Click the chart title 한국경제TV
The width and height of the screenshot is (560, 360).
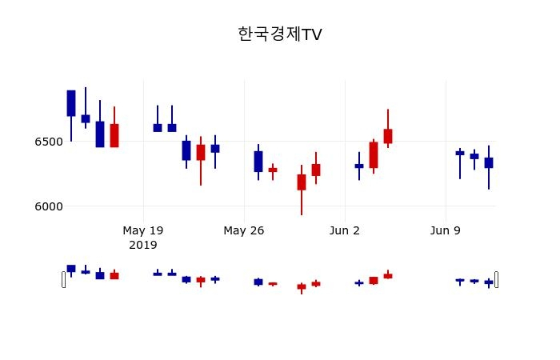(x=280, y=34)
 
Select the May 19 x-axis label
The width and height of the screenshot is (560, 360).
(x=143, y=230)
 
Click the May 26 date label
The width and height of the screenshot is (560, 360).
(x=244, y=230)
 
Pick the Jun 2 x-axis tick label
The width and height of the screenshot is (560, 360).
(x=345, y=230)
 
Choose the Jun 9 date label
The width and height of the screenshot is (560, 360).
(x=446, y=230)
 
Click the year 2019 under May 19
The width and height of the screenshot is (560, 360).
(x=143, y=244)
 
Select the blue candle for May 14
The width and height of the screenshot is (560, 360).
(x=71, y=103)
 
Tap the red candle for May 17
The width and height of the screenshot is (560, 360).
(x=114, y=135)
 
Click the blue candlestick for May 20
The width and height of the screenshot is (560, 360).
(x=158, y=127)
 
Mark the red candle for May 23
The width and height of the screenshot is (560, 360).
(x=201, y=152)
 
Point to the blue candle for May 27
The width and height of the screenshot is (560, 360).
(x=258, y=161)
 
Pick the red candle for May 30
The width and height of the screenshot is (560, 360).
(x=302, y=182)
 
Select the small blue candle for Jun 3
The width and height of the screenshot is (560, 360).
(x=359, y=166)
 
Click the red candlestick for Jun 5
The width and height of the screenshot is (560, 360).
(x=388, y=136)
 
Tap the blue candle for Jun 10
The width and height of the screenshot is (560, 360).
(x=460, y=153)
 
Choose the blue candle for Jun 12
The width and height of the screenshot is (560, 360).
(x=489, y=162)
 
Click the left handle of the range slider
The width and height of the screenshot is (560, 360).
(x=64, y=279)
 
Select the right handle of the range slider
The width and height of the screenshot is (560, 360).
(x=496, y=279)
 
